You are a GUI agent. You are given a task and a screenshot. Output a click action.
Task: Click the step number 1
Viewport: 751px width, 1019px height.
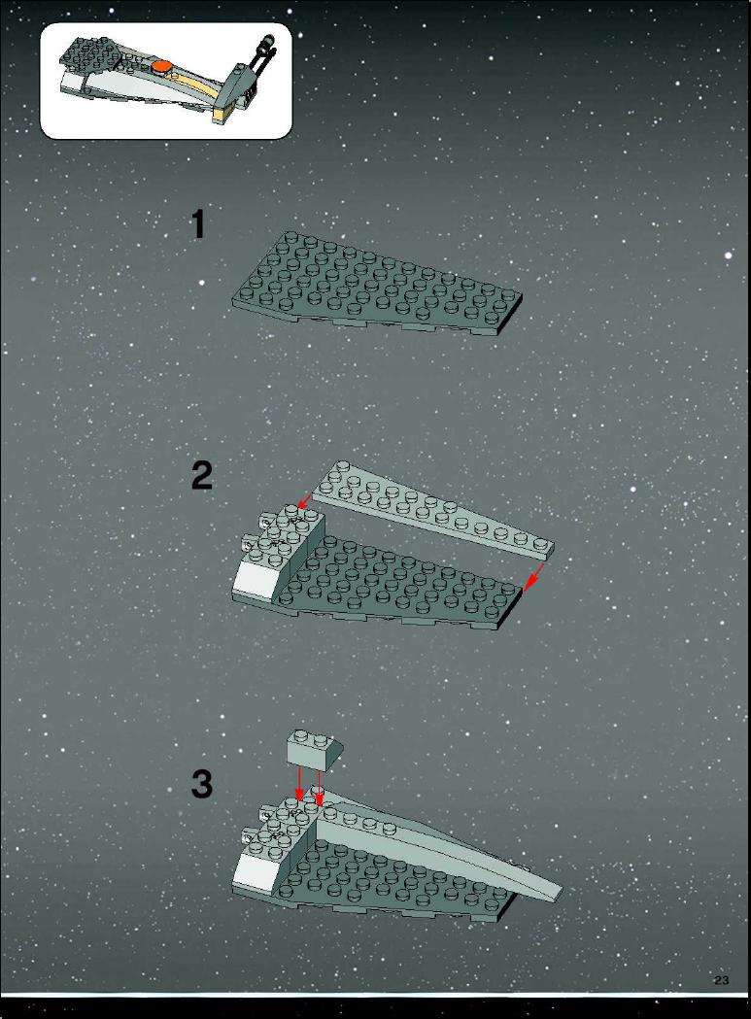click(x=198, y=224)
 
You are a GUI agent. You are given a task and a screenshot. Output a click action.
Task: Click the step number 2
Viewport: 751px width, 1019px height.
click(x=202, y=476)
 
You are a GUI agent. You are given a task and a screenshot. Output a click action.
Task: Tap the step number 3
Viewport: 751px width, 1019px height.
click(x=202, y=784)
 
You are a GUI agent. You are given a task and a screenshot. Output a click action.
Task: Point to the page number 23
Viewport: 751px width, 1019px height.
click(x=721, y=981)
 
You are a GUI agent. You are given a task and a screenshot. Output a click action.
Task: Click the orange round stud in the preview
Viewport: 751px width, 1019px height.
click(x=162, y=66)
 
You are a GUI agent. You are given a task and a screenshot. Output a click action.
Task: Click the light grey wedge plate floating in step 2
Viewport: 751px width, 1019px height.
click(x=433, y=511)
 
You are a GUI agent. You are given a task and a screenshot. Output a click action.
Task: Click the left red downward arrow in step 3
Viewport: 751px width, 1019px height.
click(x=299, y=784)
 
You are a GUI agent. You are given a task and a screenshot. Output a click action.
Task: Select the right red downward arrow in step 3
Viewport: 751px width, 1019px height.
click(x=320, y=785)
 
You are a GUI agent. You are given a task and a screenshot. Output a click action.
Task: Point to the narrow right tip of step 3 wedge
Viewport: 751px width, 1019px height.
click(x=562, y=893)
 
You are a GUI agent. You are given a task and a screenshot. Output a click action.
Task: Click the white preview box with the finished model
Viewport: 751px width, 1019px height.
click(x=166, y=81)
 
